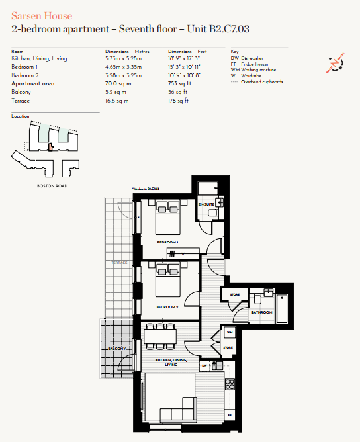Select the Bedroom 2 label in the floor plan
(166, 307)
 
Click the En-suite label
(206, 206)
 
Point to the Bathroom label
(261, 311)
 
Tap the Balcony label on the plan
(116, 349)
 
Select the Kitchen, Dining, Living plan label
(171, 361)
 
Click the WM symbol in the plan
(229, 331)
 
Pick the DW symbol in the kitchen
(205, 365)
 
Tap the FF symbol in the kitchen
(229, 415)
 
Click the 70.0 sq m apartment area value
(117, 84)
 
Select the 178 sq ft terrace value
(178, 101)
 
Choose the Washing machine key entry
(255, 70)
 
